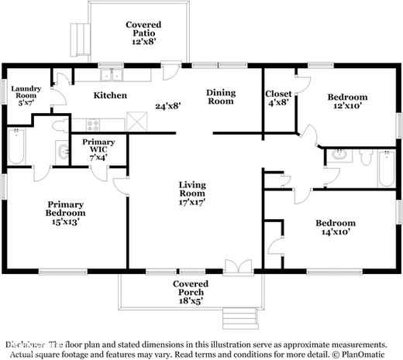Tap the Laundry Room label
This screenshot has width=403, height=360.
click(x=24, y=95)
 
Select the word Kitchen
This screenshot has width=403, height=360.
click(x=110, y=95)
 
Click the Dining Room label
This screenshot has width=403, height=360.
click(x=220, y=96)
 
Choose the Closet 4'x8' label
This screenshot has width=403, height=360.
click(x=278, y=98)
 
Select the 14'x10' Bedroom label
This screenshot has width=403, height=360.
click(x=336, y=228)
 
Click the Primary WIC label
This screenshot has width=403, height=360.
click(x=98, y=147)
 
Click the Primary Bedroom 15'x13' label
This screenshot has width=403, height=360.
click(x=64, y=213)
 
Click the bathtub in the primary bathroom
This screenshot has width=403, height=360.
click(x=16, y=147)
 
